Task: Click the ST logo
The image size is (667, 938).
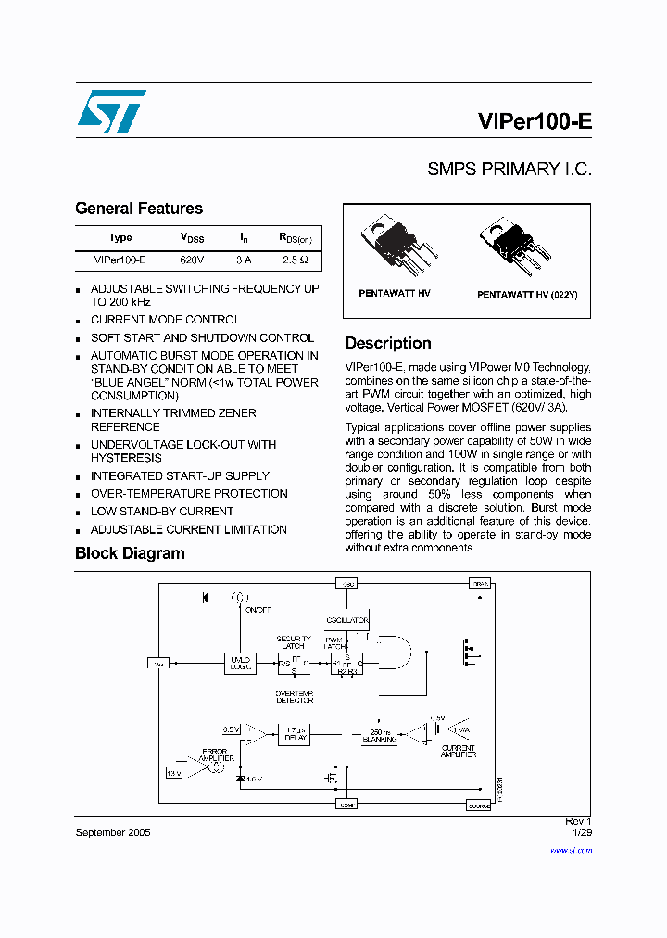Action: pos(111,111)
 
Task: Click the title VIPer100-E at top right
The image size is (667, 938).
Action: pos(535,122)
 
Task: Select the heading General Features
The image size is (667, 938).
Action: pos(138,209)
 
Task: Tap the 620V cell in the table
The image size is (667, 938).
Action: pos(192,260)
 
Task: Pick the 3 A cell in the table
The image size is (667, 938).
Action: pos(244,260)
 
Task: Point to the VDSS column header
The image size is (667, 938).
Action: pos(192,237)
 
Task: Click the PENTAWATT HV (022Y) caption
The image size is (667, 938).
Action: pos(526,294)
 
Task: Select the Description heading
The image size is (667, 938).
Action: pos(388,343)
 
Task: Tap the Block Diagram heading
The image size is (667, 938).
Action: pos(130,553)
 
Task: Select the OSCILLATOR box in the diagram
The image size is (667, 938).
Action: pos(347,620)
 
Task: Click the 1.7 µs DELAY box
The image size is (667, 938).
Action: pos(295,733)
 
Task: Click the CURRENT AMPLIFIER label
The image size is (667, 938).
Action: pos(458,751)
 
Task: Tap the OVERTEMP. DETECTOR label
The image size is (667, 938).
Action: pos(295,696)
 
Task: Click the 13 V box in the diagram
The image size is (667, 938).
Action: pos(174,772)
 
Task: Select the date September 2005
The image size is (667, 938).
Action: pos(112,832)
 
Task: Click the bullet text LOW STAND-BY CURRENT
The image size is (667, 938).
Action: pos(162,512)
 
